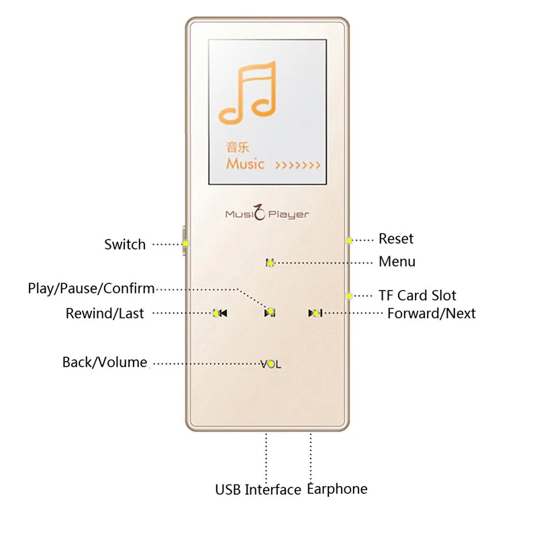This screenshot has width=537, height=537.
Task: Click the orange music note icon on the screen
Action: (x=248, y=92)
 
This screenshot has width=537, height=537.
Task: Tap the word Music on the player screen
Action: (x=245, y=163)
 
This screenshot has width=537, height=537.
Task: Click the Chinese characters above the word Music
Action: (x=238, y=147)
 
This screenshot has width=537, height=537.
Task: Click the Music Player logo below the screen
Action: (x=267, y=214)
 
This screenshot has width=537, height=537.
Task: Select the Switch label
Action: (x=125, y=244)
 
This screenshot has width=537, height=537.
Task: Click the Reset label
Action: (x=396, y=239)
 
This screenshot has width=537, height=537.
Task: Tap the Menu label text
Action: (x=397, y=262)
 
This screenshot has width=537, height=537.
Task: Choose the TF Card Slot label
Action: (x=417, y=295)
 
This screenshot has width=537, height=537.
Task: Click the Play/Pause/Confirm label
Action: (x=91, y=289)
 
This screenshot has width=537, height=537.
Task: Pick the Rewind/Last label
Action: (x=105, y=313)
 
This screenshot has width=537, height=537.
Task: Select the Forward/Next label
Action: (x=431, y=313)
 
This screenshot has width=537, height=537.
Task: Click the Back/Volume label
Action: (x=105, y=362)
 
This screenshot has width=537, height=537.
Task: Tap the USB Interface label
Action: (x=258, y=490)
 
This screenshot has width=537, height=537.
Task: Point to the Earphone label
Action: (x=337, y=489)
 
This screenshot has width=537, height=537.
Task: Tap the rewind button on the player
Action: (x=219, y=313)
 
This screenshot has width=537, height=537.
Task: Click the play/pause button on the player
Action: (x=269, y=312)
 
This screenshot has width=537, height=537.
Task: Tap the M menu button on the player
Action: (x=270, y=262)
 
